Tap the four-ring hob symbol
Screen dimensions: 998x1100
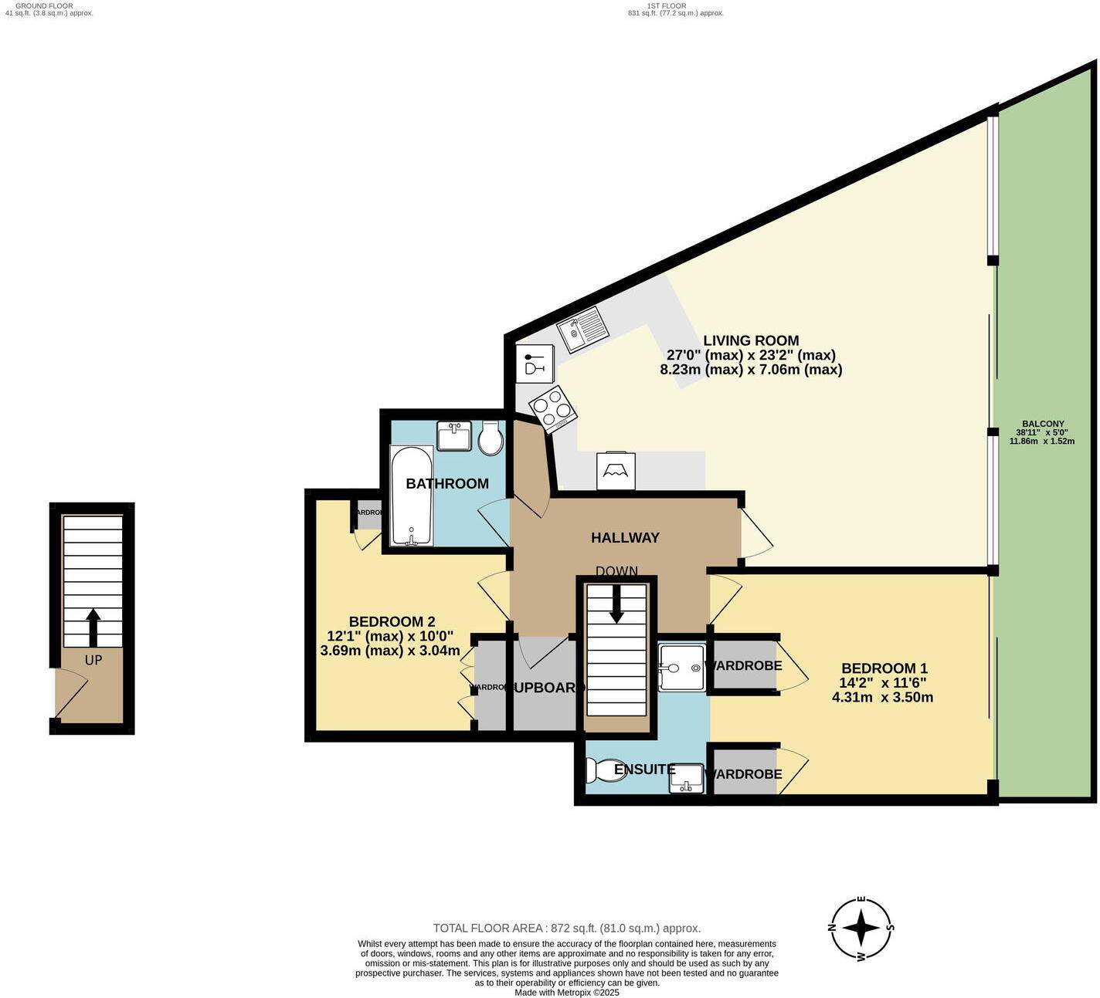pos(552,409)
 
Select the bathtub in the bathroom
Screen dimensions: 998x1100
pos(411,496)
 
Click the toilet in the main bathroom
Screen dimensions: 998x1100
pos(491,438)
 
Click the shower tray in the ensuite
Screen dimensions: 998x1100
pos(681,668)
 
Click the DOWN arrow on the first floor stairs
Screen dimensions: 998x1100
pos(616,604)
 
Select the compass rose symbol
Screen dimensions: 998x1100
pos(861,929)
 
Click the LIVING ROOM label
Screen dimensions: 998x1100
pos(751,340)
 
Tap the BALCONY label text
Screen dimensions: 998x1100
pos(1043,424)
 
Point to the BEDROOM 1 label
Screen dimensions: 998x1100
pos(884,668)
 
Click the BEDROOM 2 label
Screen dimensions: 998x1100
pos(392,621)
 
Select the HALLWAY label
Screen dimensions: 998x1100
pos(625,538)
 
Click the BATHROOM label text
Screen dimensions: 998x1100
pos(447,484)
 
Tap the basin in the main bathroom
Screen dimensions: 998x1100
pos(453,435)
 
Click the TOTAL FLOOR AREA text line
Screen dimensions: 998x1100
pos(566,929)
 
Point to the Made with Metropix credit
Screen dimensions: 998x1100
pos(566,993)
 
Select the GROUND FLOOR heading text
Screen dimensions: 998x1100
pos(44,5)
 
